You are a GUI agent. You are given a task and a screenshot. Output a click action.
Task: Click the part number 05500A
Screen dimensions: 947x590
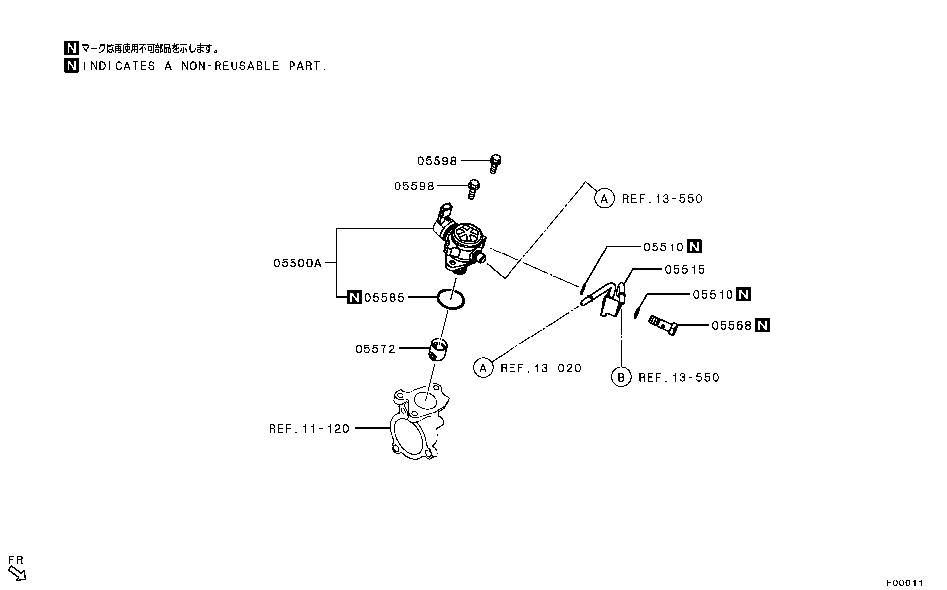click(297, 263)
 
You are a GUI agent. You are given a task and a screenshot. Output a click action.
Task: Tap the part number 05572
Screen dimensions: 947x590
click(375, 349)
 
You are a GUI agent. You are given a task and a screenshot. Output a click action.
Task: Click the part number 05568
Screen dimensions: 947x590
click(731, 325)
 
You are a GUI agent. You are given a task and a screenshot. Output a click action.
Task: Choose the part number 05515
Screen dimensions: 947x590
click(685, 269)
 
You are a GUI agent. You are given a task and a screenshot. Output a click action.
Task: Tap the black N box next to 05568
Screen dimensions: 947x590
click(762, 325)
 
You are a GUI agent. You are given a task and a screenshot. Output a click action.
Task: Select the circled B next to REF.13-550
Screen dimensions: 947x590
click(621, 377)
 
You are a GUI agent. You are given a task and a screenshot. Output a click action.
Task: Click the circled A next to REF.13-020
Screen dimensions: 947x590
click(483, 368)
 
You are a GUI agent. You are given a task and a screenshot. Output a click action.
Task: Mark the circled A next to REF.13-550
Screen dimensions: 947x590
click(604, 199)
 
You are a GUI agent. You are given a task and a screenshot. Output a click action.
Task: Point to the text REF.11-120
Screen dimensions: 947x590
click(309, 428)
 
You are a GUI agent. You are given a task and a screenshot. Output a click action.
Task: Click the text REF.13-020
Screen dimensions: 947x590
click(541, 368)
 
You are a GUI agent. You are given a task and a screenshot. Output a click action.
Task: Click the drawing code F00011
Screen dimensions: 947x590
click(905, 583)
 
